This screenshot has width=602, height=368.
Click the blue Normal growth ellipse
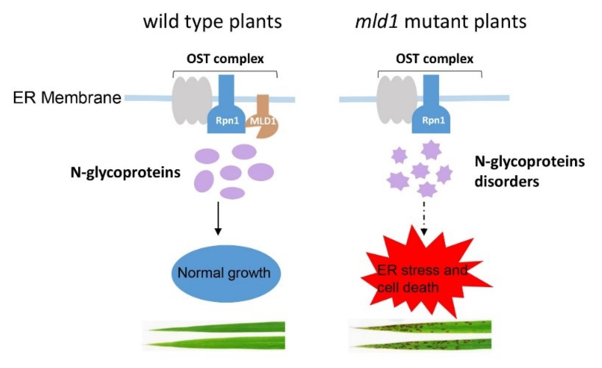(x=226, y=273)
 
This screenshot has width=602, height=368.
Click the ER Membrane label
(x=67, y=98)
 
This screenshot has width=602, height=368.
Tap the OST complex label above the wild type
(x=225, y=59)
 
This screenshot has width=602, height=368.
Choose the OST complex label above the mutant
(x=435, y=59)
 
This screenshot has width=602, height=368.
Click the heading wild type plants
(x=212, y=22)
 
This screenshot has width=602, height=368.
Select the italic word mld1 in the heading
(x=376, y=22)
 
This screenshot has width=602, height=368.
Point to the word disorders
(x=506, y=181)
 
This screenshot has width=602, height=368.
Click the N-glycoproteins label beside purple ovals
(x=125, y=172)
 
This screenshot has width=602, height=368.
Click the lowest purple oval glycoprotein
(x=232, y=193)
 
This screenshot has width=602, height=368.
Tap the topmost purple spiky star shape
(x=431, y=150)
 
